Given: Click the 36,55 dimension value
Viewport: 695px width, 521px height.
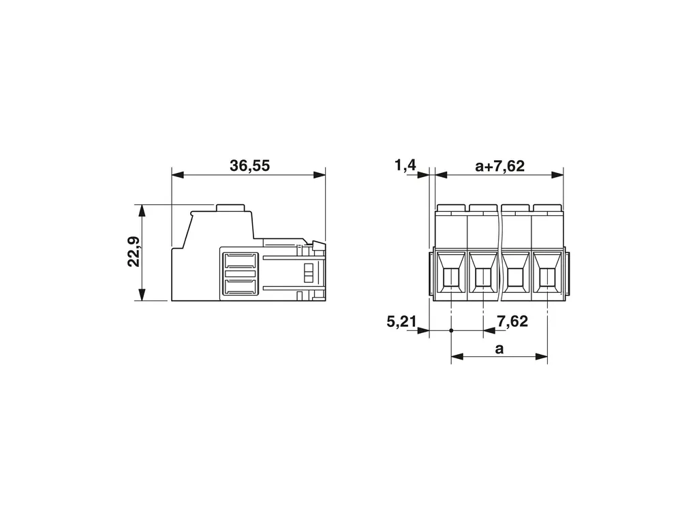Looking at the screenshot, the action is [x=249, y=165].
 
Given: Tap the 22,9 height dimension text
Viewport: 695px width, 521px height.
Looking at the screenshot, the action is [x=134, y=252].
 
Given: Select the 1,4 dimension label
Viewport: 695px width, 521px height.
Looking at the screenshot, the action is [x=405, y=165].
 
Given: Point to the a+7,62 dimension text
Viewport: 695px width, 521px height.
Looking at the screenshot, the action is [x=499, y=165].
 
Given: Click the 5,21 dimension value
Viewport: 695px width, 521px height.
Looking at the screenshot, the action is [x=401, y=321].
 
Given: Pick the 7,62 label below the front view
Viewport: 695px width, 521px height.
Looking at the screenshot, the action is [x=512, y=321].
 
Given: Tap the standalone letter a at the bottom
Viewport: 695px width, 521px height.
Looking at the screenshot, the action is [x=499, y=349].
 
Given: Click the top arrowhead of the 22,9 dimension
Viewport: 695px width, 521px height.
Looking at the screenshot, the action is [x=142, y=210].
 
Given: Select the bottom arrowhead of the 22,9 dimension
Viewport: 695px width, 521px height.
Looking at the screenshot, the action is [x=142, y=295].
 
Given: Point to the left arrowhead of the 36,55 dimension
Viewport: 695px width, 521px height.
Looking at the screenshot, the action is [x=177, y=175].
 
